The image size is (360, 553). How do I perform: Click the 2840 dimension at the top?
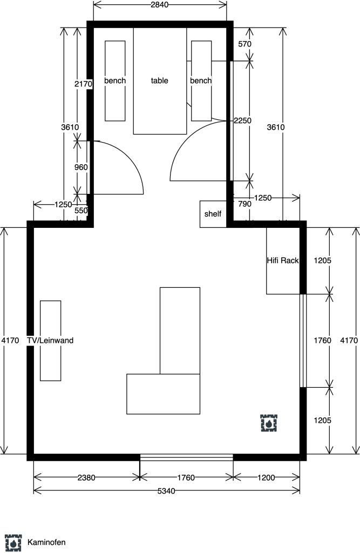click(x=159, y=4)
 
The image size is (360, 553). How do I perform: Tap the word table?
click(x=159, y=81)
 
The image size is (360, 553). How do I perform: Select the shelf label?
click(x=213, y=214)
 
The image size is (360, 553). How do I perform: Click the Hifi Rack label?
click(x=282, y=260)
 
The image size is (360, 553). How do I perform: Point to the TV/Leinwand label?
click(x=50, y=340)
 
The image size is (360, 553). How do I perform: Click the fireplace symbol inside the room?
click(x=269, y=423)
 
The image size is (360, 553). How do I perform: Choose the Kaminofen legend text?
click(x=46, y=542)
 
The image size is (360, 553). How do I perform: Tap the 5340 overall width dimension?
click(x=166, y=491)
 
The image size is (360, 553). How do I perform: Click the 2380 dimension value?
click(x=86, y=477)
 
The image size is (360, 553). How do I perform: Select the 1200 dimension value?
click(x=266, y=477)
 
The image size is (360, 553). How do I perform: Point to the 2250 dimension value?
click(x=242, y=120)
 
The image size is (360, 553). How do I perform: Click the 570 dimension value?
click(x=244, y=44)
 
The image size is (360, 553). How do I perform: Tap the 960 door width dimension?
click(x=81, y=167)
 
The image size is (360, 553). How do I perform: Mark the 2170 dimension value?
click(x=83, y=84)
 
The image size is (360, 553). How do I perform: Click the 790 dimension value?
click(x=244, y=204)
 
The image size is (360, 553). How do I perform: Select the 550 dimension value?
click(x=81, y=211)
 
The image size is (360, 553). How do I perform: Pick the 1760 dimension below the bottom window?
click(x=186, y=477)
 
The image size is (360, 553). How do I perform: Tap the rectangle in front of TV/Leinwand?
click(x=50, y=341)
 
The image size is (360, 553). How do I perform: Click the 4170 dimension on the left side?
click(x=10, y=340)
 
